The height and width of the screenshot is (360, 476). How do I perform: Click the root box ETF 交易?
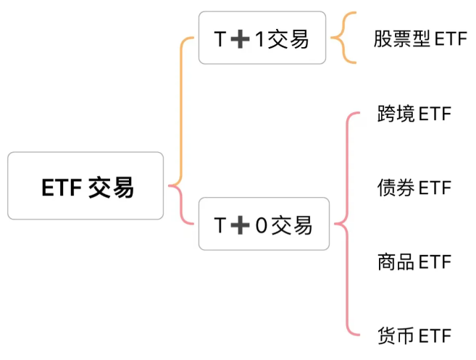pos(85,186)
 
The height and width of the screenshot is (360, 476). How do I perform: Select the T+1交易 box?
pos(261,39)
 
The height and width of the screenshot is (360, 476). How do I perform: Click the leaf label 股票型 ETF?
pos(420,39)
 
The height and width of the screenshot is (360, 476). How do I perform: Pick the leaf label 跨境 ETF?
pos(414,114)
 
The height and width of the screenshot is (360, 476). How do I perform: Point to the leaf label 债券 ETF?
pos(414,188)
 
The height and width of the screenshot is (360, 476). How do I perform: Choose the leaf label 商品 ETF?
pos(414,261)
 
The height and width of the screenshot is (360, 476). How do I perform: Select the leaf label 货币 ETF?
pos(414,335)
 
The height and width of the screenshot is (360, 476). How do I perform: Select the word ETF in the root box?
pos(60,187)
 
